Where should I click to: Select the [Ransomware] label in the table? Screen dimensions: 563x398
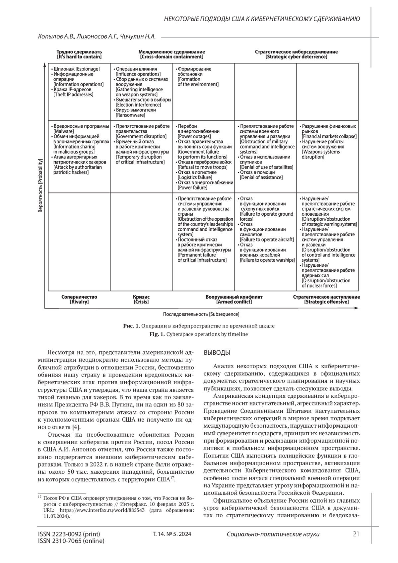tap(130, 115)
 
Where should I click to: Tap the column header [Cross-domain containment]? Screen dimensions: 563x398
tap(171, 57)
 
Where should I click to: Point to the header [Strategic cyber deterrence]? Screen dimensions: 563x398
tap(296, 57)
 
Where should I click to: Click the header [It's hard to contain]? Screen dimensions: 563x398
tap(79, 57)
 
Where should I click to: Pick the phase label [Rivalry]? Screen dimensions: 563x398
tap(79, 302)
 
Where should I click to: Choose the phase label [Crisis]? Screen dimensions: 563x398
tap(141, 302)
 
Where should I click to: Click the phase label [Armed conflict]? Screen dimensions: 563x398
tap(234, 302)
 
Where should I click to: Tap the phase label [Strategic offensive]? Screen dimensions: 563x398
tap(326, 302)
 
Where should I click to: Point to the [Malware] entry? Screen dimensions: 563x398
tap(63, 131)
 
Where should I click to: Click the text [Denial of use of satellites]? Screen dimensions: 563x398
tap(266, 167)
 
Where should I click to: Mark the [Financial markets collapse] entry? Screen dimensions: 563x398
tap(329, 136)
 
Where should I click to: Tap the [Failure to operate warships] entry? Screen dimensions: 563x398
tap(267, 260)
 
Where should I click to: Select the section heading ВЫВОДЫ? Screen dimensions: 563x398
tap(217, 352)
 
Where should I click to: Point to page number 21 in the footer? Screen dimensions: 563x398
tap(356, 534)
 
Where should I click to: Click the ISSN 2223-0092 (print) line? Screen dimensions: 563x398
tap(69, 534)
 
